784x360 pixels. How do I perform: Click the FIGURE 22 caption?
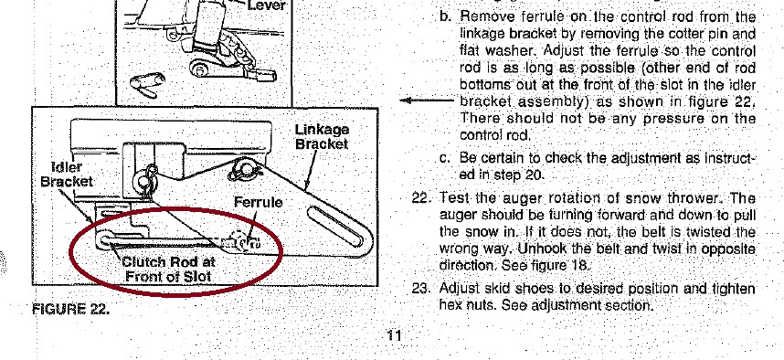point(70,309)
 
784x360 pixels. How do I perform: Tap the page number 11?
point(394,335)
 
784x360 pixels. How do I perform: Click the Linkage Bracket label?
point(322,137)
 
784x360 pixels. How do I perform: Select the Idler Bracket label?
point(67,174)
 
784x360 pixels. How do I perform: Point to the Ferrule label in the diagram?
point(258,203)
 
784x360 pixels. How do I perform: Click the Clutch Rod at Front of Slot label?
point(168,269)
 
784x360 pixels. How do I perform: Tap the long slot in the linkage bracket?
point(335,227)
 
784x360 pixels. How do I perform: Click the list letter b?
point(446,16)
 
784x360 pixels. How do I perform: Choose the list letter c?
point(445,158)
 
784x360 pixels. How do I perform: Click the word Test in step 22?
point(453,198)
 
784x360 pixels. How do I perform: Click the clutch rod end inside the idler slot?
point(106,239)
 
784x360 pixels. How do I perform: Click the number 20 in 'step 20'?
point(534,175)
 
